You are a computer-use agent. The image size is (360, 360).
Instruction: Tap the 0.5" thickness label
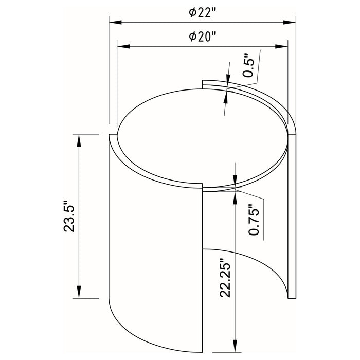(x=249, y=66)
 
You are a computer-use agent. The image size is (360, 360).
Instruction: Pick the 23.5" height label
(x=69, y=216)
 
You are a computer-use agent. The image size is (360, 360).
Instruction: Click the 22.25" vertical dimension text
(x=225, y=278)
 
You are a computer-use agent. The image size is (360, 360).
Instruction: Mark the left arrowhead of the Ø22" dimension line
(x=113, y=23)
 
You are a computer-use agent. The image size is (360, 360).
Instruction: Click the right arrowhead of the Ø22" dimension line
(x=292, y=23)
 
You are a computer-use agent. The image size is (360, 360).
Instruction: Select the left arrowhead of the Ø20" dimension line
(x=122, y=46)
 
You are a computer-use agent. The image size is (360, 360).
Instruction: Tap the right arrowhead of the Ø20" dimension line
(x=283, y=46)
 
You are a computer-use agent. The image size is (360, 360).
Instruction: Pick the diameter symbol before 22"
(x=192, y=14)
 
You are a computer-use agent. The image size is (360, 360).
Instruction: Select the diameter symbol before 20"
(x=192, y=37)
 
